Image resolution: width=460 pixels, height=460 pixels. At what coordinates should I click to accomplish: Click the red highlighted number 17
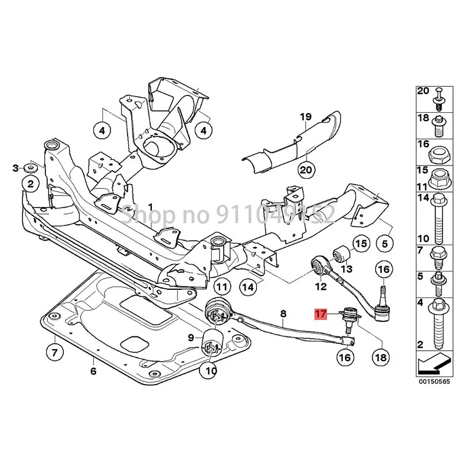click(x=320, y=315)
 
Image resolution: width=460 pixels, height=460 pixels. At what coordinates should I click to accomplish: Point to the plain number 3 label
click(x=16, y=168)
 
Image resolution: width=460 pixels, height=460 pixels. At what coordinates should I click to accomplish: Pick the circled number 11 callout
click(x=222, y=286)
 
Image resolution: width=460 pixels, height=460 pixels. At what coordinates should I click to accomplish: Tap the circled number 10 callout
click(x=209, y=371)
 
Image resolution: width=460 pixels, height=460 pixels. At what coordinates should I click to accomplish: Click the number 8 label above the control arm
click(x=283, y=314)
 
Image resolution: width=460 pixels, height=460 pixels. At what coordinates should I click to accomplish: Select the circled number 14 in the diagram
click(x=248, y=286)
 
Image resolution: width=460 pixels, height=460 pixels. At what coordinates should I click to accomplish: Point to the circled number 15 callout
click(x=360, y=244)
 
